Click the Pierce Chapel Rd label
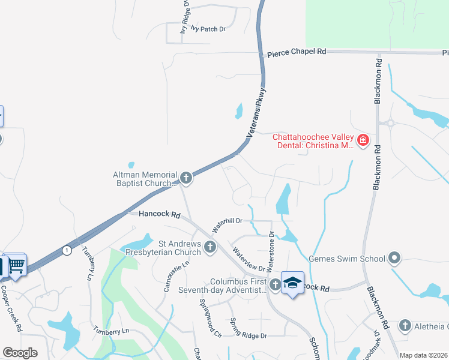click(x=297, y=52)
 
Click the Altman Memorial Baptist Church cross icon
click(x=186, y=177)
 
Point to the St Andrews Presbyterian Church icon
click(x=209, y=247)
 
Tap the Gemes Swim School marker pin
click(x=394, y=259)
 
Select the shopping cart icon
click(x=16, y=264)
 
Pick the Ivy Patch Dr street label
click(x=208, y=28)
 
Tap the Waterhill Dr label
click(x=226, y=225)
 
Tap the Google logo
click(x=20, y=353)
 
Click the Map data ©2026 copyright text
click(x=423, y=355)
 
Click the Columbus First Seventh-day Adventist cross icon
click(x=274, y=284)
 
